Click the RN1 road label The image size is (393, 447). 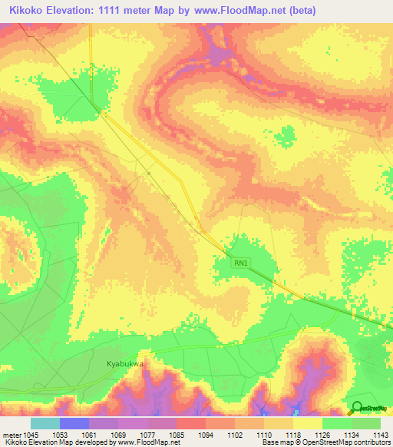pyautogui.click(x=242, y=263)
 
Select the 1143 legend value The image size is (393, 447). pyautogui.click(x=381, y=434)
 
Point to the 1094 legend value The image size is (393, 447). pyautogui.click(x=206, y=434)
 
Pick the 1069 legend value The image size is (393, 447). pyautogui.click(x=119, y=434)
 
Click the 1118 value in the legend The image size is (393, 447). pyautogui.click(x=294, y=434)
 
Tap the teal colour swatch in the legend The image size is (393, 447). pyautogui.click(x=45, y=423)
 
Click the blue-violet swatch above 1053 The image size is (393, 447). pyautogui.click(x=74, y=423)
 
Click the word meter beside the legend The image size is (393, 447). pyautogui.click(x=12, y=434)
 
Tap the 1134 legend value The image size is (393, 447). pyautogui.click(x=352, y=434)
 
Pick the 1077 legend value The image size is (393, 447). pyautogui.click(x=148, y=434)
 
